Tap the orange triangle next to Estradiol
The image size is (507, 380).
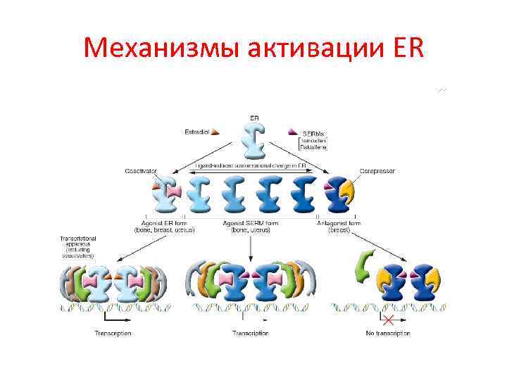click(215, 131)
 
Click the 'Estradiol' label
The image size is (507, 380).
click(196, 132)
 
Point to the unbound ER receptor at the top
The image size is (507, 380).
click(253, 140)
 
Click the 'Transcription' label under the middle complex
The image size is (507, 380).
click(251, 333)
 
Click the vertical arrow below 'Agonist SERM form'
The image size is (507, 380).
click(251, 246)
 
